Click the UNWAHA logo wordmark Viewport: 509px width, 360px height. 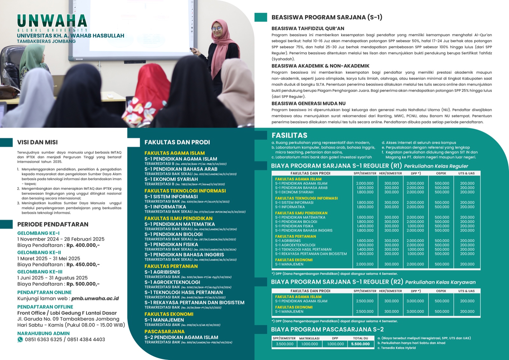(x=52, y=21)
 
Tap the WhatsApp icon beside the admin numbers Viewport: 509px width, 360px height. (x=20, y=340)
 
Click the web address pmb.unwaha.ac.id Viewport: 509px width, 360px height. (x=95, y=299)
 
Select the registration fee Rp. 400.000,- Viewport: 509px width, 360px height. (x=83, y=245)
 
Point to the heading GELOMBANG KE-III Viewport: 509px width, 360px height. (x=40, y=272)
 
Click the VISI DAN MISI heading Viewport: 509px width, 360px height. (x=38, y=142)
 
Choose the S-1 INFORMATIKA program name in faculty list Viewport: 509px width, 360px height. (x=165, y=207)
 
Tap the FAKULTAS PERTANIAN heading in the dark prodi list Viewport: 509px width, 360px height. (x=171, y=266)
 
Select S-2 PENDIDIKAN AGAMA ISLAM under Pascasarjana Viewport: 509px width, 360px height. (x=181, y=337)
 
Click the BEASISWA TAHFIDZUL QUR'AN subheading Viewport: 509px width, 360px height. (x=308, y=28)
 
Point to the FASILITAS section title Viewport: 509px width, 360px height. (x=289, y=135)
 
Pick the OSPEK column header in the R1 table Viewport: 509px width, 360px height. (x=441, y=173)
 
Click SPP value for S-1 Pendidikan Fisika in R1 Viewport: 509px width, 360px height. (x=365, y=226)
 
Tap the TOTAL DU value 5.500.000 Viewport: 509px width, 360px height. (x=360, y=344)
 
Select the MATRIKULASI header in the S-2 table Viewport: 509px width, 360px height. (x=309, y=338)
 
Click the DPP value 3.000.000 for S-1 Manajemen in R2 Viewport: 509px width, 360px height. (x=415, y=312)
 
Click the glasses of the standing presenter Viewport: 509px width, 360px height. (x=217, y=29)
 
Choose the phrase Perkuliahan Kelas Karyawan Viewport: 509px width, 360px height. (x=440, y=282)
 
